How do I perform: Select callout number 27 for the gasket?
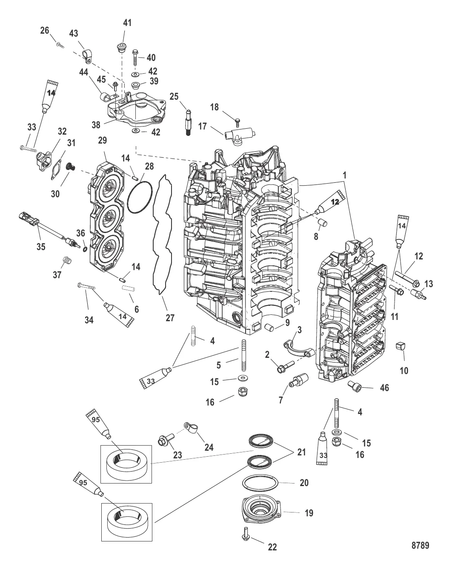[x=170, y=317]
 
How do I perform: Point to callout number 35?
[x=41, y=247]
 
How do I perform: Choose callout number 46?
[x=384, y=388]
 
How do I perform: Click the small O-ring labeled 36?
[x=84, y=250]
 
